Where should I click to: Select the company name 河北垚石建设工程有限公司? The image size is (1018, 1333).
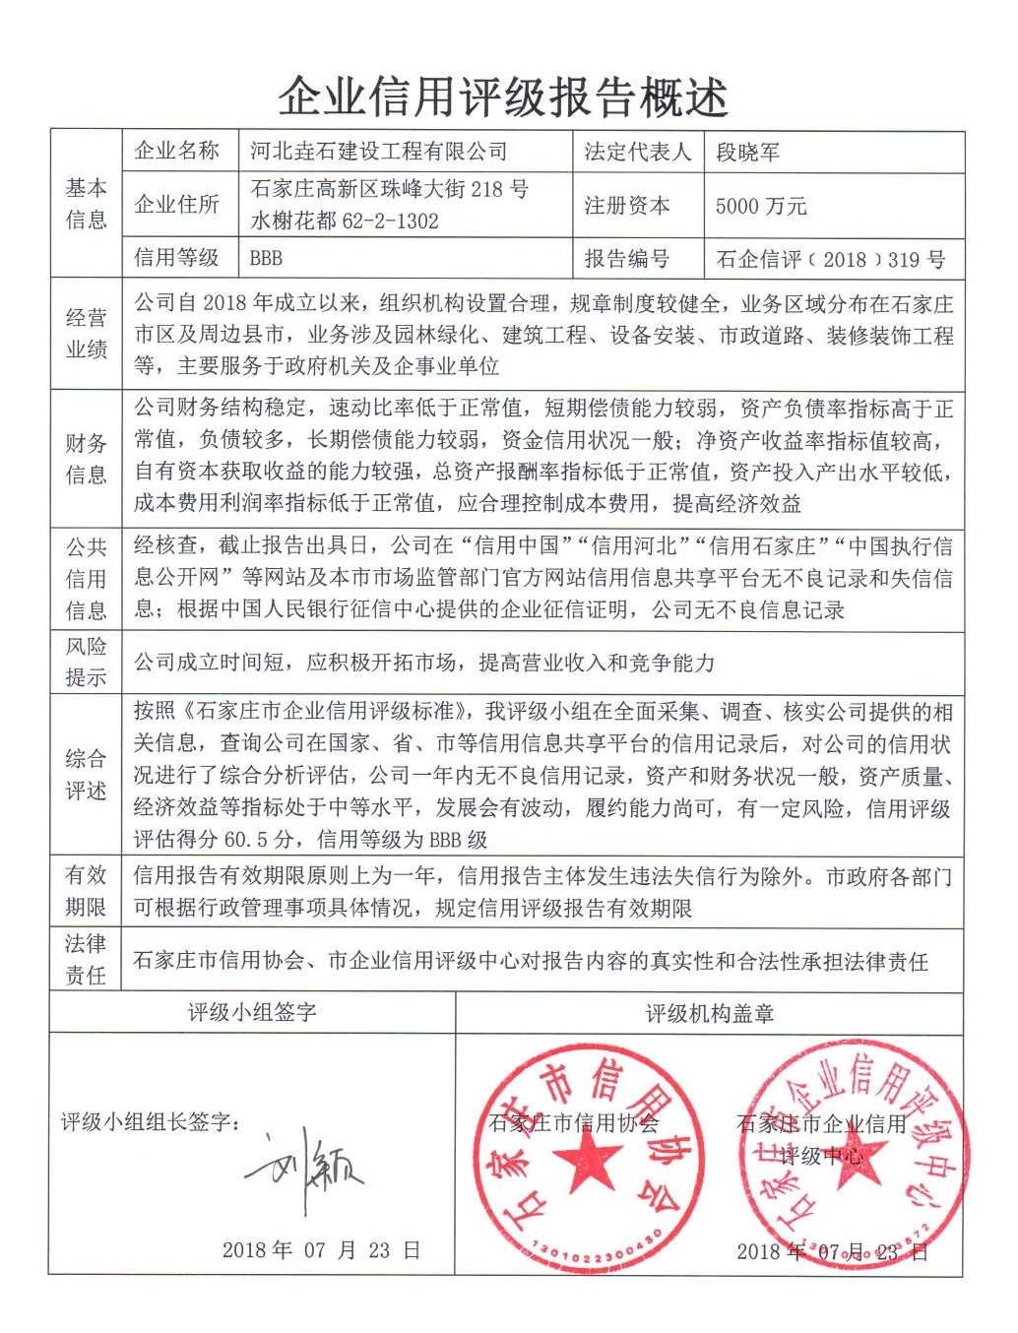[x=379, y=152]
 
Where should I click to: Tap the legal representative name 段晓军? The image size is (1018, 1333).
[x=748, y=153]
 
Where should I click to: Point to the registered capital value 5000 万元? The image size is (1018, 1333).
[x=761, y=206]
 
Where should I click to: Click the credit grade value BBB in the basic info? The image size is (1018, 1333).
[x=266, y=258]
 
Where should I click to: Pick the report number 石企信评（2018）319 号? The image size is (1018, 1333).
[x=830, y=259]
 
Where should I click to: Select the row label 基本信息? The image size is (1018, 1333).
[x=86, y=204]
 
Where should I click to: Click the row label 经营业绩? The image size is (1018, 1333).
[x=86, y=334]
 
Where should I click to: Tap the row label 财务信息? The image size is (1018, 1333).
[x=86, y=459]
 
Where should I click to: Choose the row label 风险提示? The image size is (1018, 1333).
[x=86, y=662]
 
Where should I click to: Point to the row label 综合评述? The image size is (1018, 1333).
[x=86, y=775]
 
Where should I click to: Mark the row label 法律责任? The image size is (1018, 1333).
[x=86, y=959]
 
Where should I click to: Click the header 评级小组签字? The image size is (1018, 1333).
[x=252, y=1012]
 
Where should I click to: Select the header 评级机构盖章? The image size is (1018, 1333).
[x=709, y=1013]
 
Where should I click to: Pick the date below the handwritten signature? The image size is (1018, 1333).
[x=321, y=1250]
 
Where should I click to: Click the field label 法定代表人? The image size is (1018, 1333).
[x=637, y=153]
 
